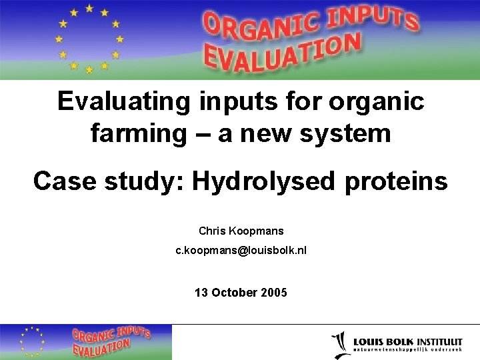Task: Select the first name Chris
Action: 213,231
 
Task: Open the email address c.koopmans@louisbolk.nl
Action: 241,251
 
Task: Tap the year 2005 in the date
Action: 274,292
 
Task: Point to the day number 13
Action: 201,292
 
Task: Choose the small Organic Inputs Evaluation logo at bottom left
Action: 85,342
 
